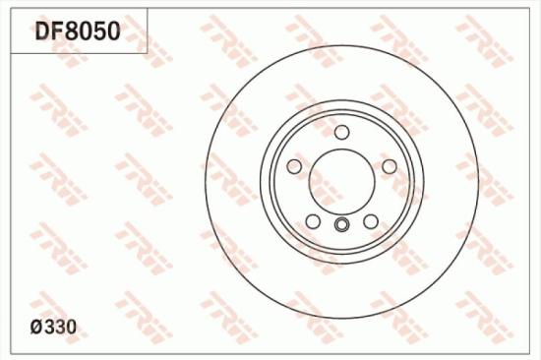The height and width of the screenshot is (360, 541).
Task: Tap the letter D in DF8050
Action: (x=43, y=30)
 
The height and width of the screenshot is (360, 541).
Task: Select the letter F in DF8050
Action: (x=58, y=30)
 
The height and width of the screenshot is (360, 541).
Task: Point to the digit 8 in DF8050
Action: (x=72, y=30)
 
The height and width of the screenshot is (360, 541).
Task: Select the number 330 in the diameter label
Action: (x=61, y=325)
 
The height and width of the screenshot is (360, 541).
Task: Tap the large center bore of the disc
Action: (x=341, y=180)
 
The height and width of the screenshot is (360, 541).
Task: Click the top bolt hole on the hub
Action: (x=341, y=133)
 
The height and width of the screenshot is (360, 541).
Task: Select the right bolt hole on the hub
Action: (x=389, y=166)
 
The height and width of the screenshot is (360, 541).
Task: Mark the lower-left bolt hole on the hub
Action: (x=313, y=220)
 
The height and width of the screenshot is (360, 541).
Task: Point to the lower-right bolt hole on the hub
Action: (x=371, y=220)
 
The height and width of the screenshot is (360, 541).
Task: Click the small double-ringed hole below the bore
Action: (x=341, y=226)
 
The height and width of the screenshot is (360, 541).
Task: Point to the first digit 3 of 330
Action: (x=52, y=325)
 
